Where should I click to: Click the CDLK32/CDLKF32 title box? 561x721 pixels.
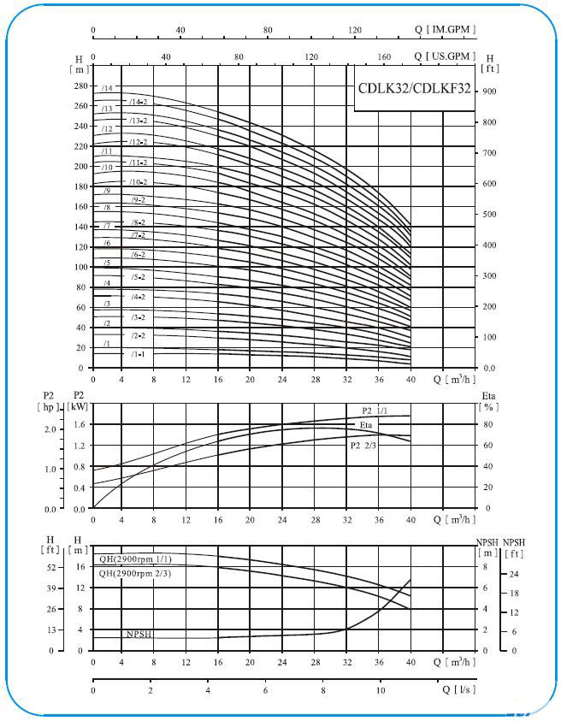coord(414,88)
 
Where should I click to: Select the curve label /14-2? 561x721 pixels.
coord(138,102)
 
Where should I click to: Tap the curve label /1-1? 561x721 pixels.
coord(138,354)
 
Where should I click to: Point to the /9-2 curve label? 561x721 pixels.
coord(138,200)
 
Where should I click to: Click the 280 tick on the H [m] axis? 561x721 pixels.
coord(80,86)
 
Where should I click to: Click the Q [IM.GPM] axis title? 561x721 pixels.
coord(445,29)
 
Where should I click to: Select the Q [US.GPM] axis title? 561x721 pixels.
coord(445,56)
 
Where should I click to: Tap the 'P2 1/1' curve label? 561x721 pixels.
coord(375,411)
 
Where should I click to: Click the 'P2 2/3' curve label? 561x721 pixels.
coord(363,445)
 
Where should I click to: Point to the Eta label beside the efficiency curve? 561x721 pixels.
coord(366,425)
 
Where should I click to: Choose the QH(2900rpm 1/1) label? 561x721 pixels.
coord(135,559)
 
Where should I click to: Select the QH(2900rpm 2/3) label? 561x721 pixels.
coord(135,573)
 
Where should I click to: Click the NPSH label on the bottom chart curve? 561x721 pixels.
coord(139,634)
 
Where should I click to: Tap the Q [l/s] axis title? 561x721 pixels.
coord(459,689)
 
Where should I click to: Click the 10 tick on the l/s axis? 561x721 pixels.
coord(381,690)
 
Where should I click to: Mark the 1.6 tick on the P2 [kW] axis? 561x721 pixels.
coord(80,424)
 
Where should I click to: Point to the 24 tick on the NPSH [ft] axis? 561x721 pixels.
coord(514,574)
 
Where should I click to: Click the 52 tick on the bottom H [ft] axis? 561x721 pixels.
coord(51,567)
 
